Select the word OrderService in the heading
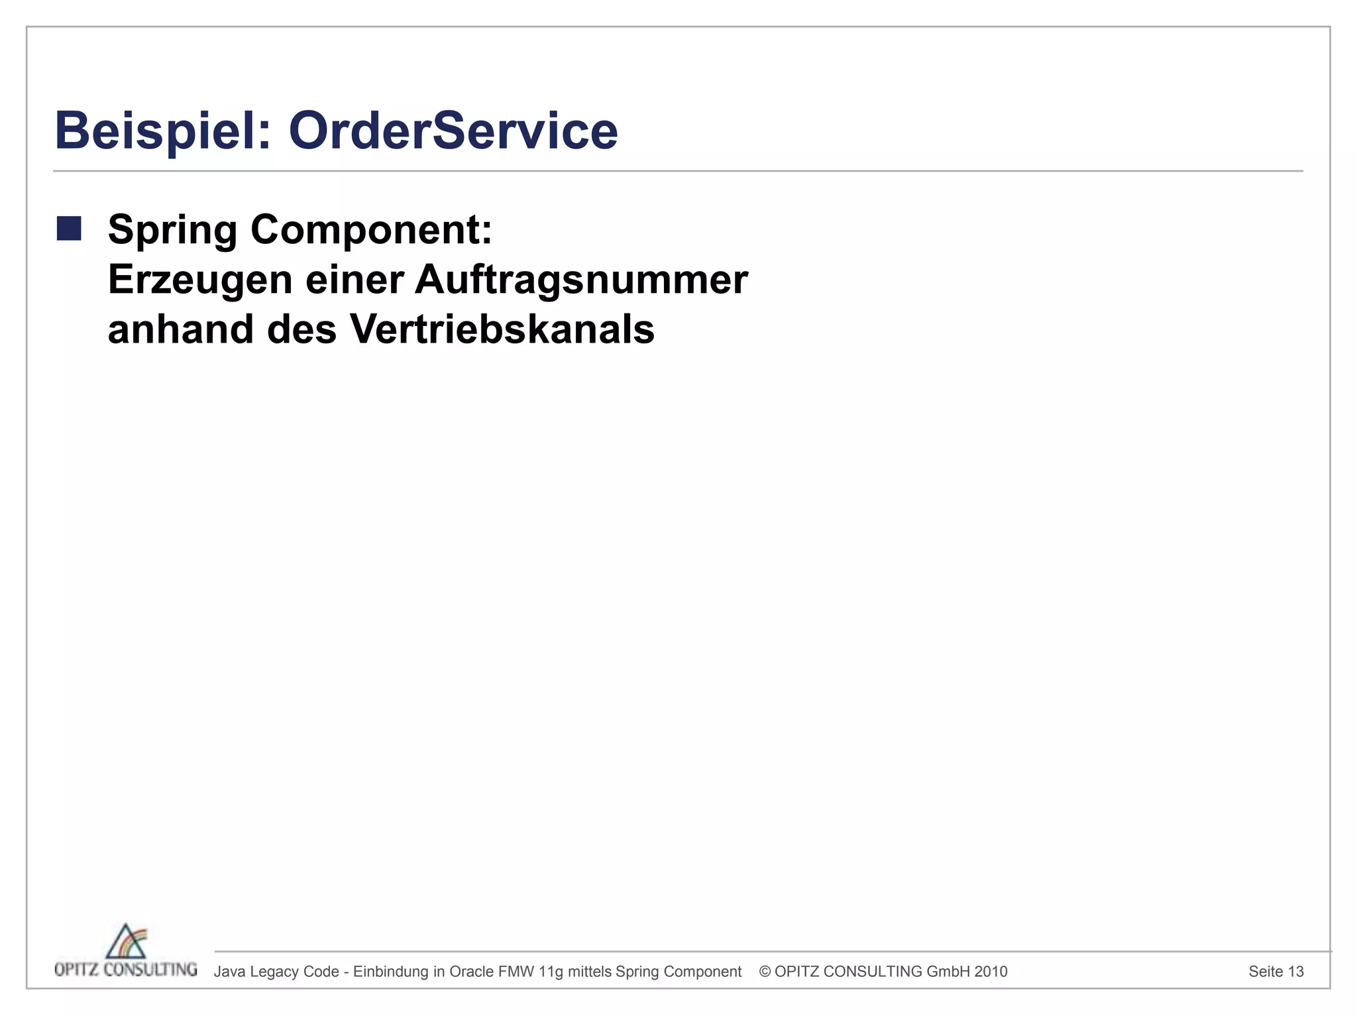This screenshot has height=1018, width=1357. [x=453, y=131]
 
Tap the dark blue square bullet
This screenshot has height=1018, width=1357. [x=69, y=229]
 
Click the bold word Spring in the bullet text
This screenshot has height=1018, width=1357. [x=172, y=230]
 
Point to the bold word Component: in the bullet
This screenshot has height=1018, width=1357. [x=371, y=230]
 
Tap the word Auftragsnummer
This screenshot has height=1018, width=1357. [x=581, y=280]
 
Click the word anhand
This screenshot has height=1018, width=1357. [x=181, y=329]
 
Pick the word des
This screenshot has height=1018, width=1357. [x=301, y=329]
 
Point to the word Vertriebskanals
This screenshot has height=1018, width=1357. [x=502, y=329]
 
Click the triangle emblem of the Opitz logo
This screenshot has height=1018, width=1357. [x=127, y=942]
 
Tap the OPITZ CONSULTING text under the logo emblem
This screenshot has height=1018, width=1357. [x=126, y=970]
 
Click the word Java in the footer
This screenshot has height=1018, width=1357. [x=230, y=972]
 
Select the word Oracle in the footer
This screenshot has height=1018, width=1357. [x=472, y=972]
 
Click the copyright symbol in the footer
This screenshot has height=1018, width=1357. [x=765, y=972]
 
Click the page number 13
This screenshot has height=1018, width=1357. [x=1296, y=972]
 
